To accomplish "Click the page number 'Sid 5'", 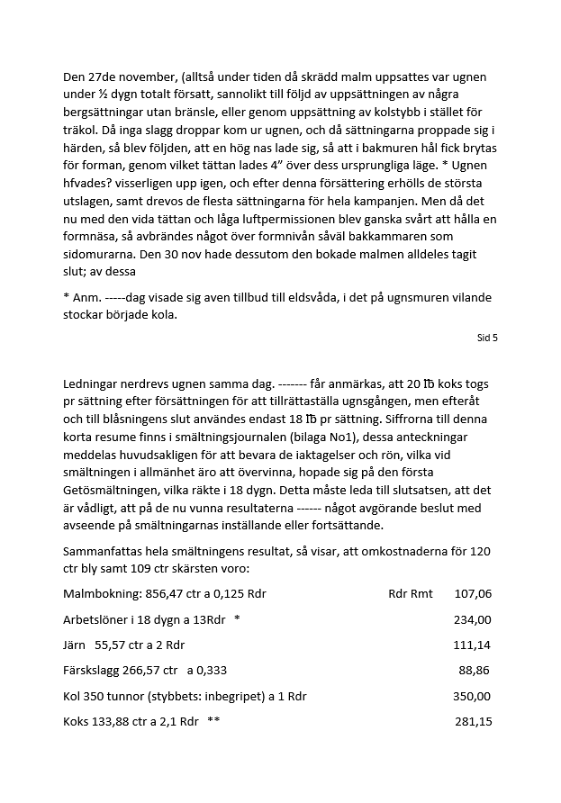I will pos(487,338).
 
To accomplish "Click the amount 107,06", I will pos(473,594).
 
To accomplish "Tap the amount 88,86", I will pos(475,671).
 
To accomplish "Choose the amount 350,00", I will pos(472,696).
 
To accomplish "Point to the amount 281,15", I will pos(472,722).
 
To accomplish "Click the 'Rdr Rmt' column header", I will pos(410,594).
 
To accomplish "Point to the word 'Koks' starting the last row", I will pos(77,722).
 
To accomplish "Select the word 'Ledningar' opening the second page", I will pos(93,383).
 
